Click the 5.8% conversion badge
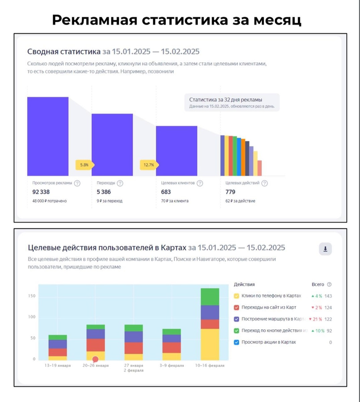tap(84, 165)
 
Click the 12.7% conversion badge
tap(149, 165)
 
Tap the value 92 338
tap(41, 192)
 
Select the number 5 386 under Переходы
tap(103, 192)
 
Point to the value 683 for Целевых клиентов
tap(166, 192)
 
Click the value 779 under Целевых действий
tap(230, 192)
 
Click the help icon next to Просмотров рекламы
tap(77, 183)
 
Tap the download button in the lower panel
tap(325, 249)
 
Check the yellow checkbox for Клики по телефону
tap(236, 296)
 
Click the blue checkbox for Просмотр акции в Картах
tap(236, 342)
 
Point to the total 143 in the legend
tap(328, 296)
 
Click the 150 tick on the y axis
tap(32, 296)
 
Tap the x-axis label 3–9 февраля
tap(171, 365)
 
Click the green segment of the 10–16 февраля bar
tap(210, 297)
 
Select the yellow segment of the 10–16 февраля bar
tap(210, 344)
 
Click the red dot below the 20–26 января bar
tap(95, 359)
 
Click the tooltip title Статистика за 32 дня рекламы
tap(225, 100)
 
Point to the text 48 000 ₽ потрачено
tap(50, 201)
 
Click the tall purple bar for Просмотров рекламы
tap(48, 136)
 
